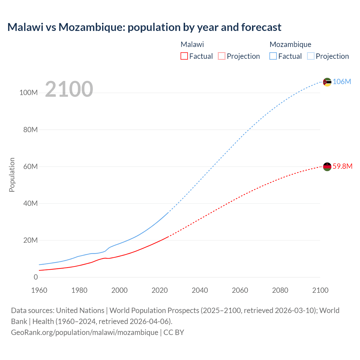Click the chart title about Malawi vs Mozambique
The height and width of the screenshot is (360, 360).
pyautogui.click(x=144, y=27)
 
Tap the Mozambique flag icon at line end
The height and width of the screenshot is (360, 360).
pyautogui.click(x=327, y=82)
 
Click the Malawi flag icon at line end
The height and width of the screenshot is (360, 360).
pyautogui.click(x=327, y=166)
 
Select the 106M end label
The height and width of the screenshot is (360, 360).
pyautogui.click(x=342, y=82)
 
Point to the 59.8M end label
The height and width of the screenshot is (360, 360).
pyautogui.click(x=342, y=166)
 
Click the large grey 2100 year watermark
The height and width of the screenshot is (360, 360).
pyautogui.click(x=69, y=89)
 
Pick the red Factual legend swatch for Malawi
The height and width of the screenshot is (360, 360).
pyautogui.click(x=184, y=56)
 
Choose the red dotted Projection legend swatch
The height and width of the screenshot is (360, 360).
pyautogui.click(x=222, y=56)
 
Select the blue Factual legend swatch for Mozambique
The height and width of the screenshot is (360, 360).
pyautogui.click(x=273, y=56)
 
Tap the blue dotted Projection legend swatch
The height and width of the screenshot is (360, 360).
pyautogui.click(x=311, y=56)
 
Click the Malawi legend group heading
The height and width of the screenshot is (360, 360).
pyautogui.click(x=192, y=44)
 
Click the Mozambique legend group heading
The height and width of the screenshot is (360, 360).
pyautogui.click(x=290, y=44)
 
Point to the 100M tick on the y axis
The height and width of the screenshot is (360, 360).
pyautogui.click(x=28, y=93)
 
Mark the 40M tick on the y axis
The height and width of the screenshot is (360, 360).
pyautogui.click(x=30, y=203)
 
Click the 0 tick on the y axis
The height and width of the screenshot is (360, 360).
pyautogui.click(x=36, y=277)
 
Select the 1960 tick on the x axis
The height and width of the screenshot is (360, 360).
pyautogui.click(x=39, y=290)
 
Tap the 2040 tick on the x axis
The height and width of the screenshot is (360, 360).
pyautogui.click(x=200, y=290)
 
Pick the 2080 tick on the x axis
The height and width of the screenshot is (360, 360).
pyautogui.click(x=280, y=290)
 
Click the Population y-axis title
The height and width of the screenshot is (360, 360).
pyautogui.click(x=12, y=175)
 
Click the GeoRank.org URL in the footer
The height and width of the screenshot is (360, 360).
pyautogui.click(x=84, y=332)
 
